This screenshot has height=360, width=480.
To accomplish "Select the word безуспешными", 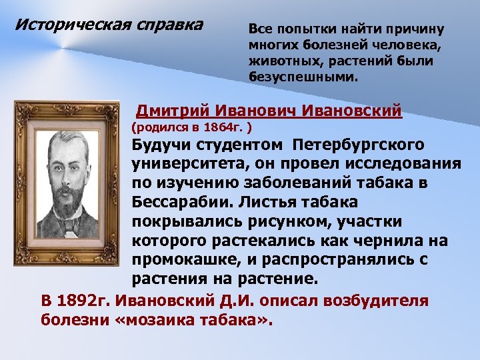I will pos(303,77).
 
